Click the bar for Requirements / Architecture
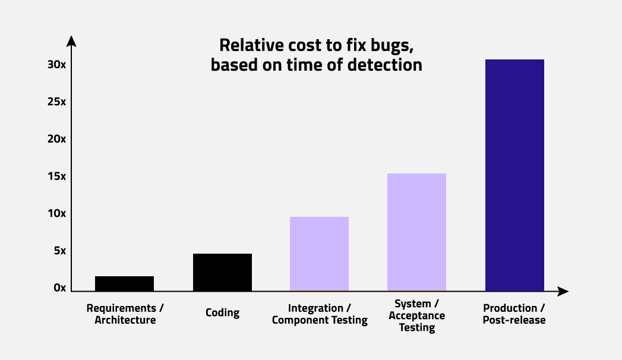pyautogui.click(x=125, y=284)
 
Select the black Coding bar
pyautogui.click(x=223, y=273)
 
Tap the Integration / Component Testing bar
pyautogui.click(x=320, y=254)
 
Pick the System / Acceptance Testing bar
pyautogui.click(x=416, y=232)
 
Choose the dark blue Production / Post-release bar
pyautogui.click(x=514, y=175)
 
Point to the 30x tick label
pyautogui.click(x=56, y=65)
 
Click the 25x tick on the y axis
pyautogui.click(x=56, y=102)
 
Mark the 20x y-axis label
pyautogui.click(x=56, y=139)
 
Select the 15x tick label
pyautogui.click(x=56, y=176)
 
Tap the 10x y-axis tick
pyautogui.click(x=56, y=214)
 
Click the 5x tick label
pyautogui.click(x=60, y=251)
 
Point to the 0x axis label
pyautogui.click(x=60, y=288)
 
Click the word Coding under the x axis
pyautogui.click(x=223, y=313)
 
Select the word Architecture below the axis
pyautogui.click(x=125, y=320)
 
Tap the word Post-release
pyautogui.click(x=514, y=320)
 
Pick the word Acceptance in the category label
pyautogui.click(x=417, y=316)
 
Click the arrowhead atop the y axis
pyautogui.click(x=71, y=41)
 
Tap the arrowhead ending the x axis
pyautogui.click(x=563, y=292)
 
